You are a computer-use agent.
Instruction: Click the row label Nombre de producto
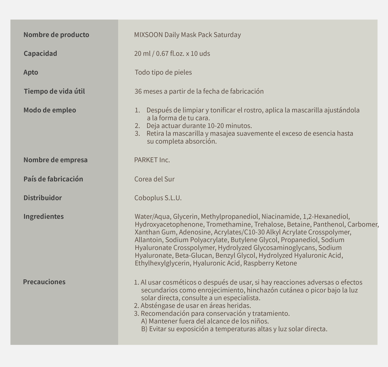click(56, 35)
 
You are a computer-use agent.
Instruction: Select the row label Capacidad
click(40, 53)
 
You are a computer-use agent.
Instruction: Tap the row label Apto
click(31, 72)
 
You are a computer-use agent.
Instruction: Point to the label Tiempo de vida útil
click(54, 91)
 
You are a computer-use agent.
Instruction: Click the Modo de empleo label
click(50, 110)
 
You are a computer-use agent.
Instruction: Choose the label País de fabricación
click(53, 179)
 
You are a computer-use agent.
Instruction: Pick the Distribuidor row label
click(43, 198)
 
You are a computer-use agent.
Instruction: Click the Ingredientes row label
click(44, 217)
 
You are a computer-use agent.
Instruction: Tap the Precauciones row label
click(44, 282)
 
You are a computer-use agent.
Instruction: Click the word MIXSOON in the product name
click(148, 35)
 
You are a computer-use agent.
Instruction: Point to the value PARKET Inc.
click(152, 160)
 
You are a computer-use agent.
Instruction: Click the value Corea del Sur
click(155, 179)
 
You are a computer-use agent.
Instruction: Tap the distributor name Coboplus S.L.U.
click(158, 198)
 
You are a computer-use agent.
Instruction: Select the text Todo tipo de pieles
click(163, 72)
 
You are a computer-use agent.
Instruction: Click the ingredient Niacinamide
click(280, 217)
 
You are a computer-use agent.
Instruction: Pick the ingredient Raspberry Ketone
click(270, 263)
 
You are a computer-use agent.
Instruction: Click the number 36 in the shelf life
click(138, 91)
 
